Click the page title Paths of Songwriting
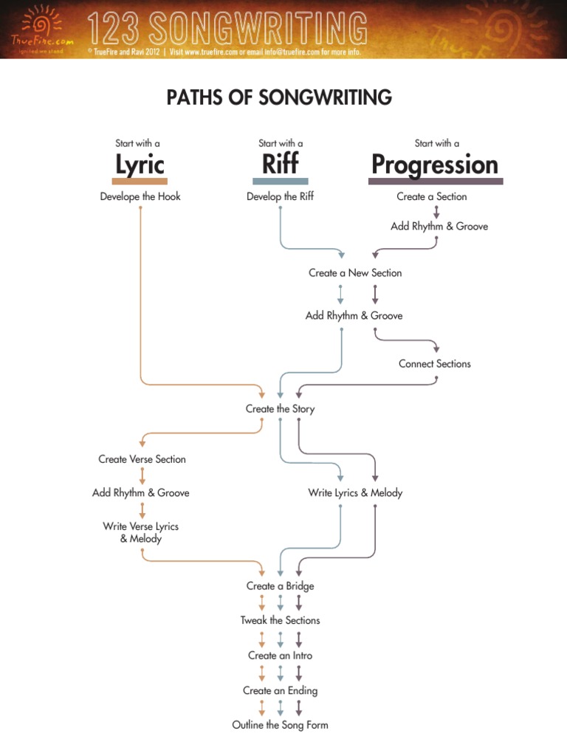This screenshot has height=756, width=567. pyautogui.click(x=279, y=97)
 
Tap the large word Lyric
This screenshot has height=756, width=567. pyautogui.click(x=140, y=164)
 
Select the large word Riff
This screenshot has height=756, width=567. pyautogui.click(x=280, y=164)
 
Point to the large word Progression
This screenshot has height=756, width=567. pyautogui.click(x=435, y=164)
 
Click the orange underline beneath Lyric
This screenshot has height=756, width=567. pyautogui.click(x=140, y=181)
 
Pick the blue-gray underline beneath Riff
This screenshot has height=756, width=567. pyautogui.click(x=280, y=181)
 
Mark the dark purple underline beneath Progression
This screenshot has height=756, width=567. pyautogui.click(x=436, y=181)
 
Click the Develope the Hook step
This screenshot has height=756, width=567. pyautogui.click(x=140, y=197)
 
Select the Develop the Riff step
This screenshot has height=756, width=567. pyautogui.click(x=280, y=197)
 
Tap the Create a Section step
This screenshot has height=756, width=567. pyautogui.click(x=432, y=197)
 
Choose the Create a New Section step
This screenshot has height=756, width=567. pyautogui.click(x=355, y=273)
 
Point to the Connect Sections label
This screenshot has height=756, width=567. pyautogui.click(x=435, y=364)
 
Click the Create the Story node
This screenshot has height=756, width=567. pyautogui.click(x=280, y=409)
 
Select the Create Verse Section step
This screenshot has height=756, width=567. pyautogui.click(x=142, y=459)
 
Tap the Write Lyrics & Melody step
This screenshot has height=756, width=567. pyautogui.click(x=355, y=493)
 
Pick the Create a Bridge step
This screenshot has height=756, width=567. pyautogui.click(x=280, y=586)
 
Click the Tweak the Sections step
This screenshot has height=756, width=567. pyautogui.click(x=280, y=621)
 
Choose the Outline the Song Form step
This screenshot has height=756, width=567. pyautogui.click(x=280, y=726)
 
